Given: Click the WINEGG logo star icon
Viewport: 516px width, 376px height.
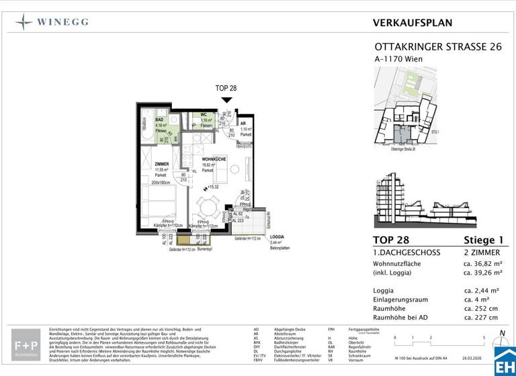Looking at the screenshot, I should [25, 22].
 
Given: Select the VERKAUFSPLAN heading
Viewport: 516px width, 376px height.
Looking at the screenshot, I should [412, 23].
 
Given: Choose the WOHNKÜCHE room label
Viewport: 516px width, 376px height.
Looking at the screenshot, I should [214, 158].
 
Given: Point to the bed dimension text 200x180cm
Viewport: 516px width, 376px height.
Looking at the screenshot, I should [161, 182].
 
